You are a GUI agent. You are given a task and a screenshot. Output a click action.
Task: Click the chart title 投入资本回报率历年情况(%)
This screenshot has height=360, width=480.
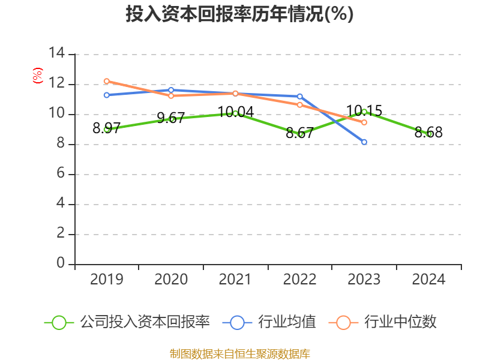click(x=239, y=14)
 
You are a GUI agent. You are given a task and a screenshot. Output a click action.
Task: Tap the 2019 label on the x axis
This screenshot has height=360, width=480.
click(x=106, y=280)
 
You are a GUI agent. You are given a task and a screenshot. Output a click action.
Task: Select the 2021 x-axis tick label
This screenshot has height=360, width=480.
click(x=235, y=280)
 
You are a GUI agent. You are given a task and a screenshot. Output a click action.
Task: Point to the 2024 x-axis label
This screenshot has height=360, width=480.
click(x=429, y=280)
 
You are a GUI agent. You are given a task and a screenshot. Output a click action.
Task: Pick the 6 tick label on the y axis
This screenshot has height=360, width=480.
click(x=61, y=174)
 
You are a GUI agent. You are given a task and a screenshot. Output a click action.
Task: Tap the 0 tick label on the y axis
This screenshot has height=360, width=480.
click(x=61, y=264)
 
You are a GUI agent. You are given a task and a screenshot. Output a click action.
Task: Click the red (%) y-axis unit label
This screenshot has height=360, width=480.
click(x=38, y=76)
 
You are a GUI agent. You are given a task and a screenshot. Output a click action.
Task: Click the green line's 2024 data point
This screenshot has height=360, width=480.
click(x=429, y=134)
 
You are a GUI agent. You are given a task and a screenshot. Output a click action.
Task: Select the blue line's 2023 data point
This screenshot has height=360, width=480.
click(x=364, y=142)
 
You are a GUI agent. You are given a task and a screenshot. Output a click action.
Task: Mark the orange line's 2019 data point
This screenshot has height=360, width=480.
click(x=106, y=81)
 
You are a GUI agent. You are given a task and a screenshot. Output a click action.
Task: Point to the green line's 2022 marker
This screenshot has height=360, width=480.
click(x=300, y=134)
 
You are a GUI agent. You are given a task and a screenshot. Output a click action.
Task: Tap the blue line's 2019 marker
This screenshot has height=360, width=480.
click(x=106, y=95)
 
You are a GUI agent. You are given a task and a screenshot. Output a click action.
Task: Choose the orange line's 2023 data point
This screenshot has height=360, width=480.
click(x=364, y=122)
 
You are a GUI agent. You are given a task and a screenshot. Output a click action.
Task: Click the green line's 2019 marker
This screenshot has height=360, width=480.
click(x=106, y=129)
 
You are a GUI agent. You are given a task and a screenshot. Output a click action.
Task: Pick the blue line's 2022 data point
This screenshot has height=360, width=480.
click(x=300, y=96)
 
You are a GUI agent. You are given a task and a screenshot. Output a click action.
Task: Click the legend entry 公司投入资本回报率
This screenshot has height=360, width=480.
click(x=127, y=322)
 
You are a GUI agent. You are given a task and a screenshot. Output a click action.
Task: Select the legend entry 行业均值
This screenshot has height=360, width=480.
click(x=270, y=322)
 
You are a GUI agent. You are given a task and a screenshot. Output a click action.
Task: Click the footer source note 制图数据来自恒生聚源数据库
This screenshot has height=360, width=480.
click(x=239, y=354)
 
